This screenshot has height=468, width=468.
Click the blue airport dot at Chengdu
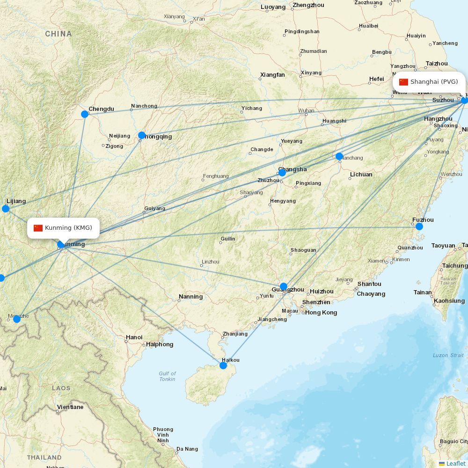(x=85, y=114)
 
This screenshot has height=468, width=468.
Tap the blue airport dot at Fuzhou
(x=419, y=227)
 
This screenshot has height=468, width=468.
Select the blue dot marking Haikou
(x=223, y=366)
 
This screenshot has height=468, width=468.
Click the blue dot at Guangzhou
(x=284, y=286)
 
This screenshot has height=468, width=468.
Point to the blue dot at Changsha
(x=282, y=173)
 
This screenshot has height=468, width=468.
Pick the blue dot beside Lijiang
(x=6, y=209)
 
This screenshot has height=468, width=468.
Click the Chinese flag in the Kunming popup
(x=38, y=228)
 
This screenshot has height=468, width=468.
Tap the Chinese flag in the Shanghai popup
(x=403, y=82)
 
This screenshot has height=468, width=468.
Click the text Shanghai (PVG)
(x=434, y=82)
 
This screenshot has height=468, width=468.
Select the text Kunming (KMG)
(x=69, y=228)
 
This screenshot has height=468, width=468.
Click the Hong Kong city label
(x=321, y=313)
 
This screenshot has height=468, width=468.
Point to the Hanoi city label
(x=134, y=337)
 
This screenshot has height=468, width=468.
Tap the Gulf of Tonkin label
(x=167, y=376)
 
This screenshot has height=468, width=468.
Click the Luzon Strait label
(x=448, y=356)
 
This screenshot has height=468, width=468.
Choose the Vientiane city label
(x=70, y=407)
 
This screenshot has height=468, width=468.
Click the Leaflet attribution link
(x=456, y=463)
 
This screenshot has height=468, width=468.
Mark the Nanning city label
(x=190, y=297)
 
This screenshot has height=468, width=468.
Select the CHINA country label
(x=58, y=34)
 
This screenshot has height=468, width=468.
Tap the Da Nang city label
(x=187, y=449)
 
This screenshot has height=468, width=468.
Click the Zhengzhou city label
(x=308, y=5)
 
